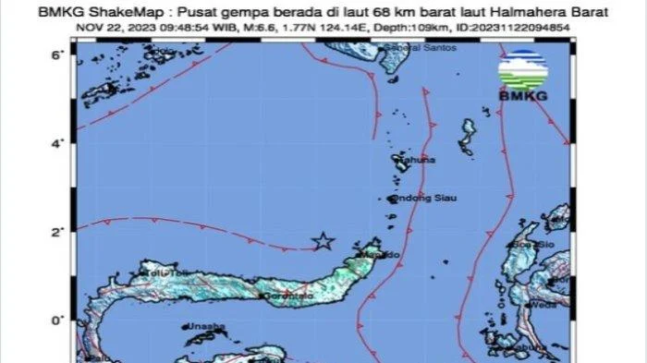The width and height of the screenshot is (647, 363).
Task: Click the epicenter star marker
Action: pos(323,241)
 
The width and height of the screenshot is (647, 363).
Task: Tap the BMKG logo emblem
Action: pos(523,66)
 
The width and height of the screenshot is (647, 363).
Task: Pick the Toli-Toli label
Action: pos(159,273)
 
